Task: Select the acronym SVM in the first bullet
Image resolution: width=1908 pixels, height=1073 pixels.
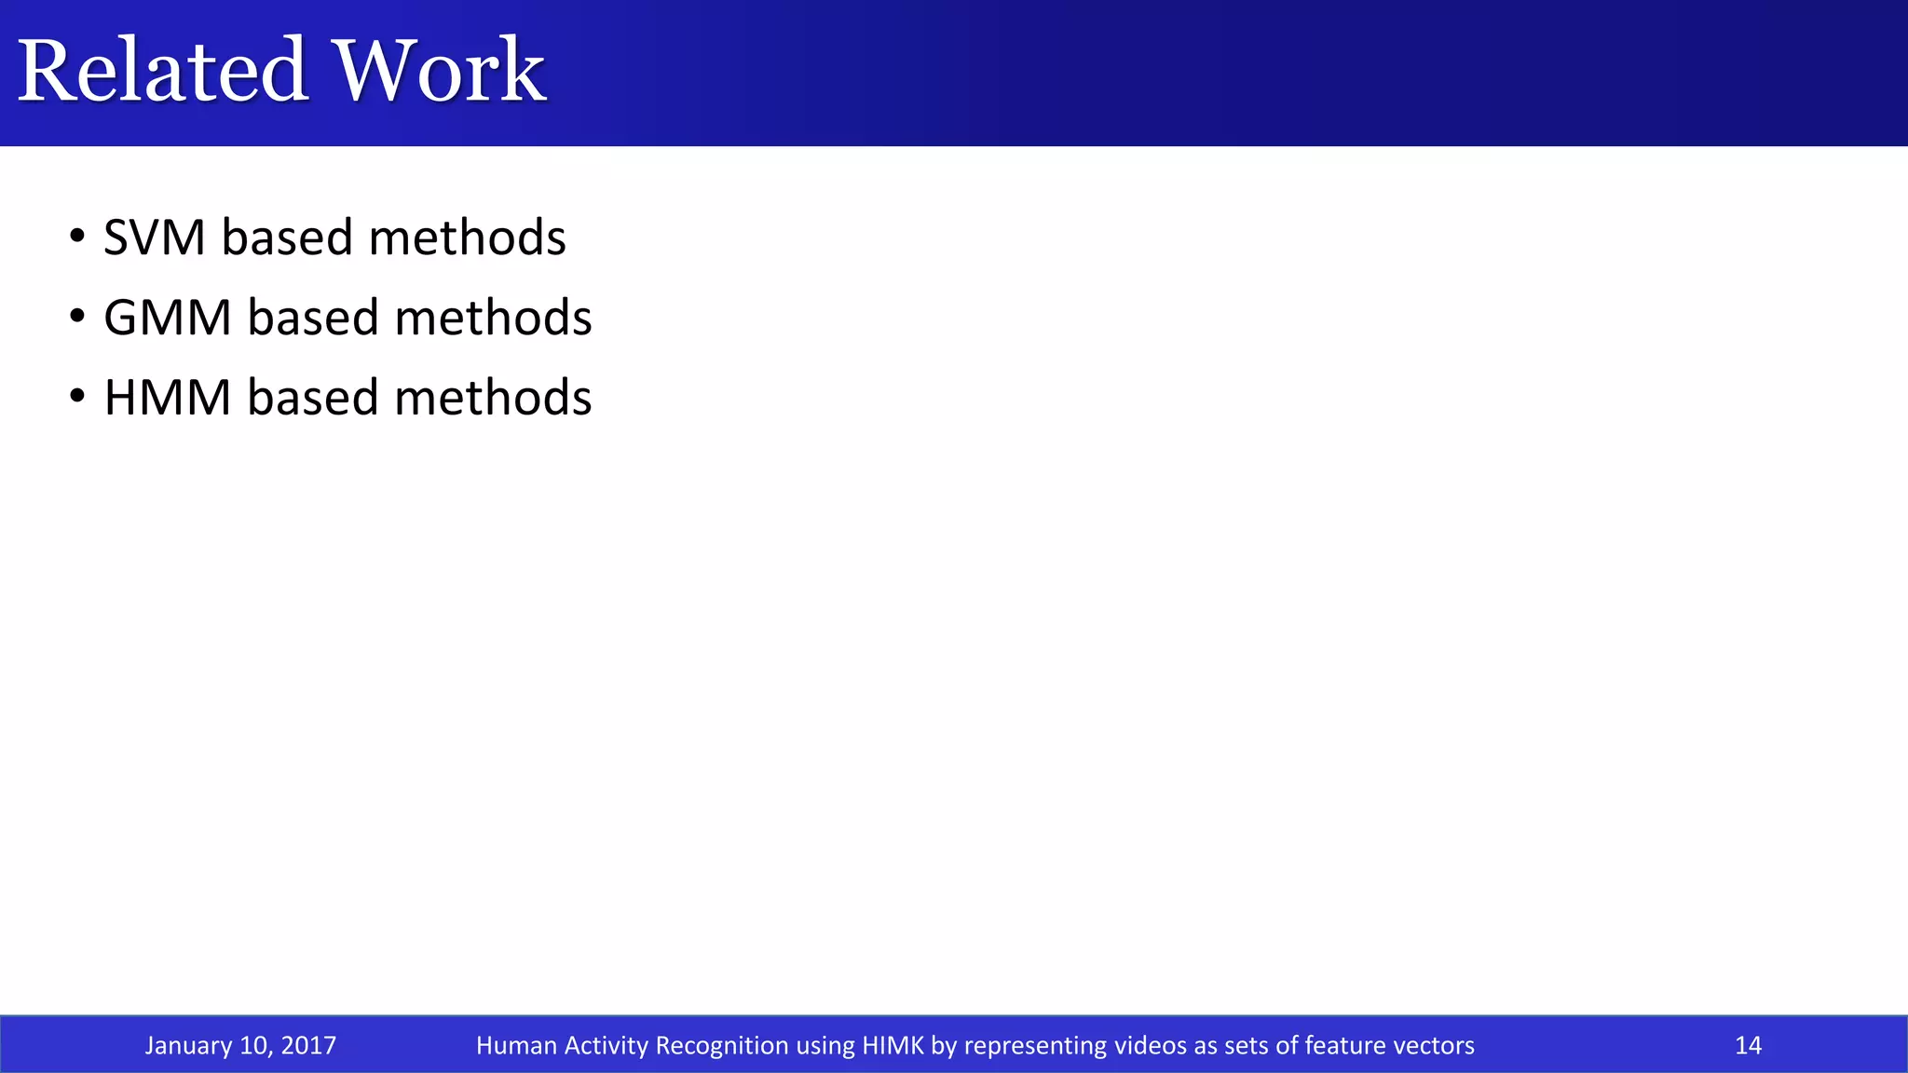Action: point(154,238)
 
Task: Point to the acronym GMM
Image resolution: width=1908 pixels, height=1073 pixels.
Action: point(168,318)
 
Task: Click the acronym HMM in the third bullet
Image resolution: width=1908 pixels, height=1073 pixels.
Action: point(168,398)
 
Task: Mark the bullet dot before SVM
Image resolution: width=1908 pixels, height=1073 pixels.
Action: point(78,235)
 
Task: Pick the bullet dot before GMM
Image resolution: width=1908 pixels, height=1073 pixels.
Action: point(78,315)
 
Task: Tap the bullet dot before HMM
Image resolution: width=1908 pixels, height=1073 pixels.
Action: point(78,395)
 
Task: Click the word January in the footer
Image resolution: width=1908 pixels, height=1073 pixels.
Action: point(187,1045)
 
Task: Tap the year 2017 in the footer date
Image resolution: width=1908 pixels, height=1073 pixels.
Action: point(308,1045)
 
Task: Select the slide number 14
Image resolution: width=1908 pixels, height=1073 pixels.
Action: point(1748,1045)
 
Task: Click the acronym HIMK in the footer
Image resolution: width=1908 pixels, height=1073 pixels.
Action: point(893,1045)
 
